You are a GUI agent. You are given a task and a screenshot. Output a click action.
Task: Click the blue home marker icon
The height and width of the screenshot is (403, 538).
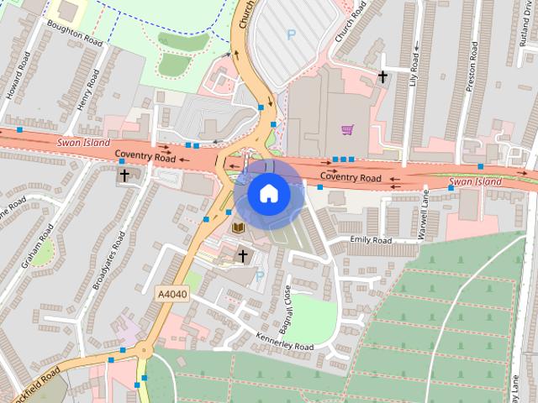tap(267, 194)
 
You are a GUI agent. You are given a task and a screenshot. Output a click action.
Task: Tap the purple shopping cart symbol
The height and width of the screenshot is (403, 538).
tap(347, 129)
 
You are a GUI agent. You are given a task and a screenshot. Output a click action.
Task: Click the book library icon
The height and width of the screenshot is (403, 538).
tap(238, 228)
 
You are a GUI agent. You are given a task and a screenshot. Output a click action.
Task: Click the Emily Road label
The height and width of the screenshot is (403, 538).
tap(371, 241)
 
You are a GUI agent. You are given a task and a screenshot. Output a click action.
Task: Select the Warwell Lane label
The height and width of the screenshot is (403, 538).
tap(425, 213)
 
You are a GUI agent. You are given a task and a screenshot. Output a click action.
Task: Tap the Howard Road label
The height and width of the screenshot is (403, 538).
tap(18, 76)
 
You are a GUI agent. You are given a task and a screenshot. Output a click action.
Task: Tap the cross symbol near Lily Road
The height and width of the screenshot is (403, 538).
tap(382, 76)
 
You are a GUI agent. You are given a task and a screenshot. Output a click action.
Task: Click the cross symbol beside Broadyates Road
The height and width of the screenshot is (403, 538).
tap(124, 175)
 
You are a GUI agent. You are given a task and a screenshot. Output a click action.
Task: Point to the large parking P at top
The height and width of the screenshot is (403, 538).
tap(292, 34)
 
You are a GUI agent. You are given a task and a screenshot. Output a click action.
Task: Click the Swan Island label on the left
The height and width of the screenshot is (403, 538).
tap(84, 143)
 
